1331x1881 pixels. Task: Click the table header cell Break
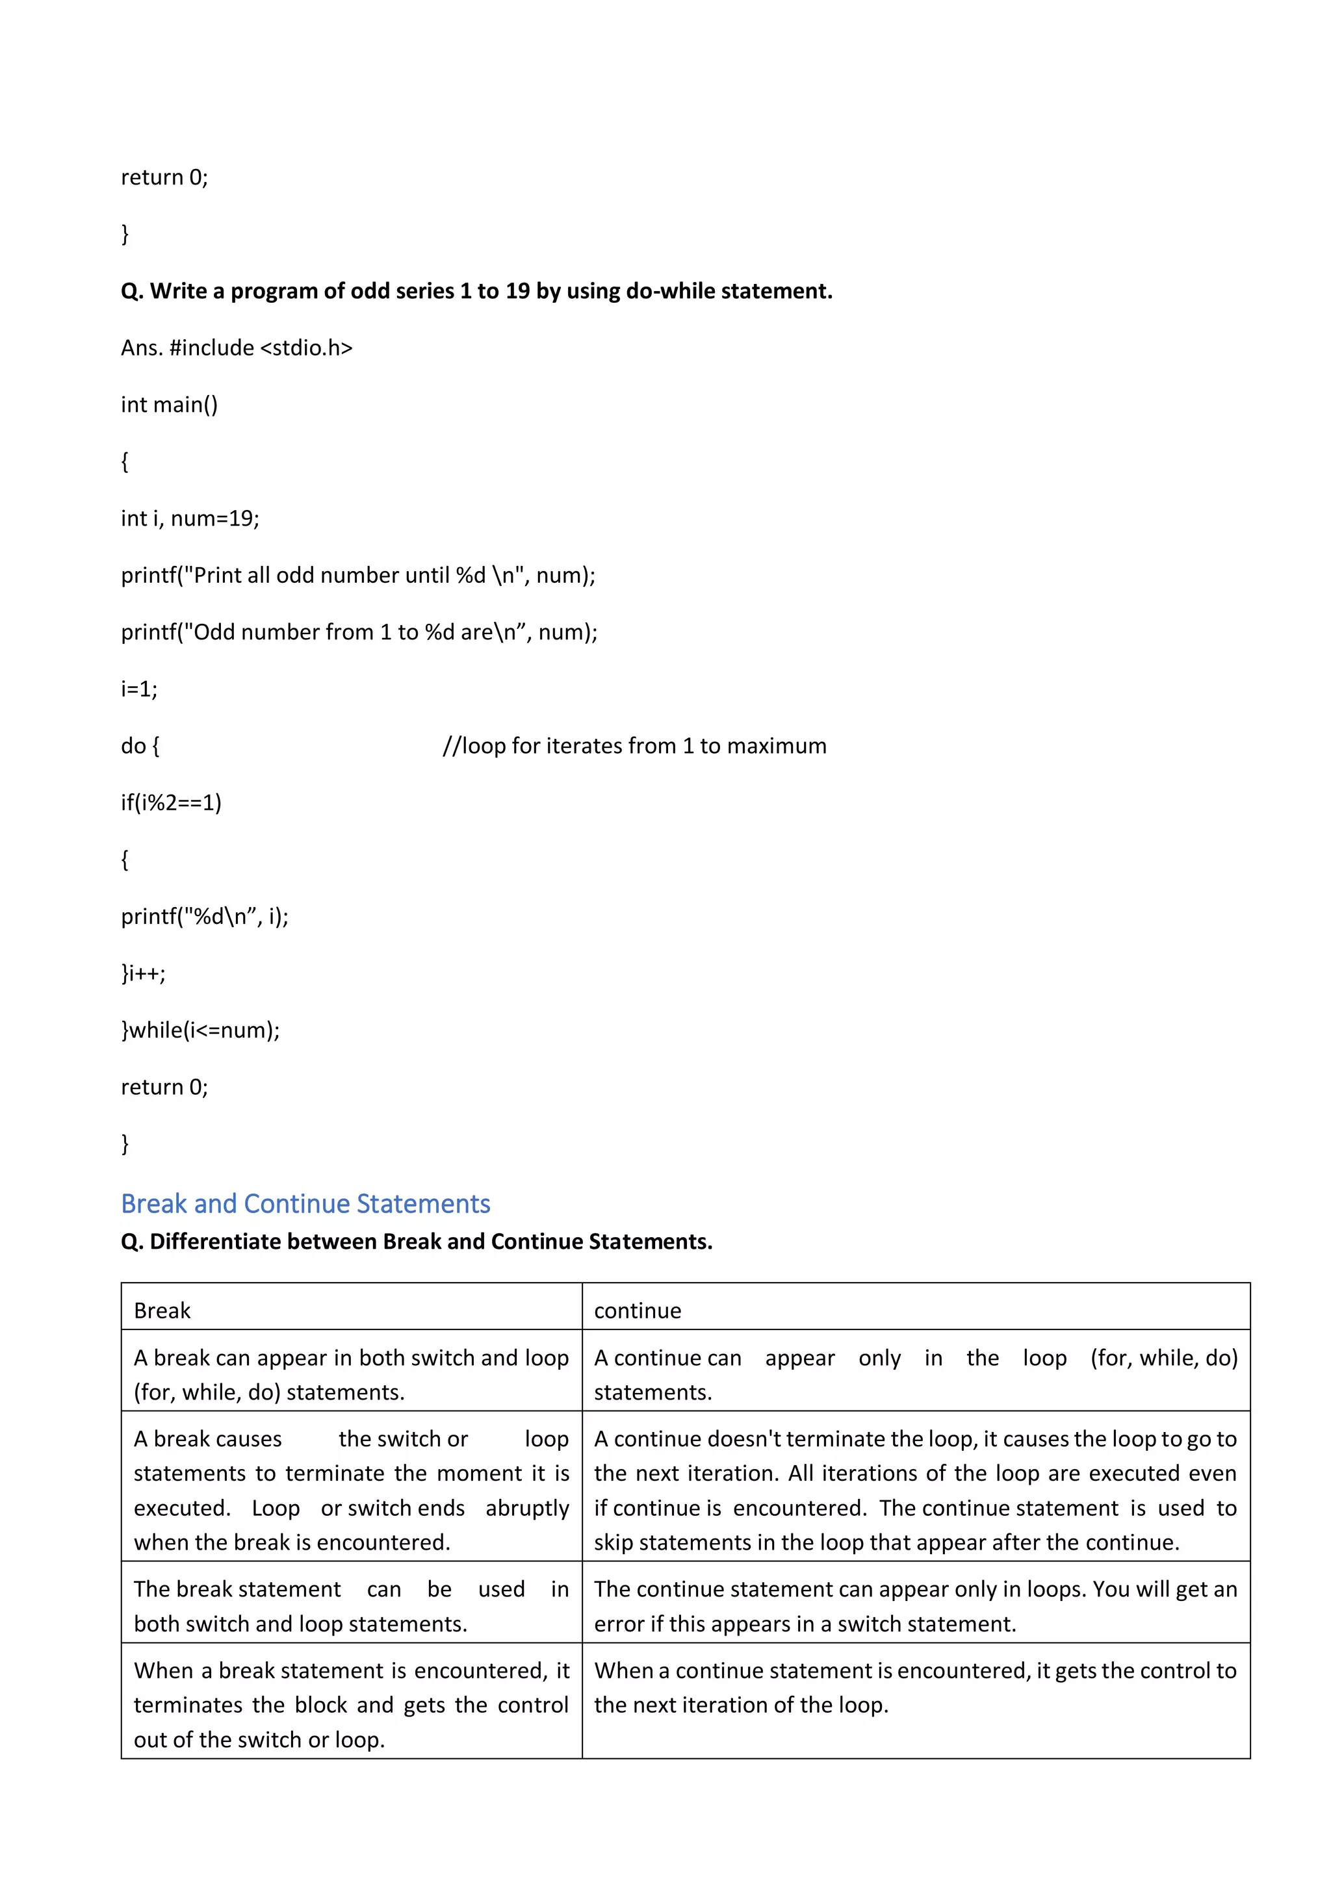click(x=162, y=1311)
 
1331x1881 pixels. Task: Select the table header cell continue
click(x=638, y=1311)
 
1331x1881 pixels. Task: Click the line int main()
click(x=170, y=405)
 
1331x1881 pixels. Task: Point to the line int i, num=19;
click(x=190, y=518)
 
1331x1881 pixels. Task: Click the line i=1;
click(x=139, y=689)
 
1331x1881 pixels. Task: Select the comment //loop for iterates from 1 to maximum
click(x=634, y=745)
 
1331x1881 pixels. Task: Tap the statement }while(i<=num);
click(x=201, y=1030)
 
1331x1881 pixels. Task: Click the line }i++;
click(x=144, y=973)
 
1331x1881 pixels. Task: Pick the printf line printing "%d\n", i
click(x=205, y=916)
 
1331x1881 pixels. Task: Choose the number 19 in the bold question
click(x=517, y=291)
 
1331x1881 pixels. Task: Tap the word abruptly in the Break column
click(x=527, y=1507)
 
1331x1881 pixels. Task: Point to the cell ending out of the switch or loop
click(x=351, y=1704)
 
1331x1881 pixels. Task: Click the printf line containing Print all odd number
click(x=358, y=575)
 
